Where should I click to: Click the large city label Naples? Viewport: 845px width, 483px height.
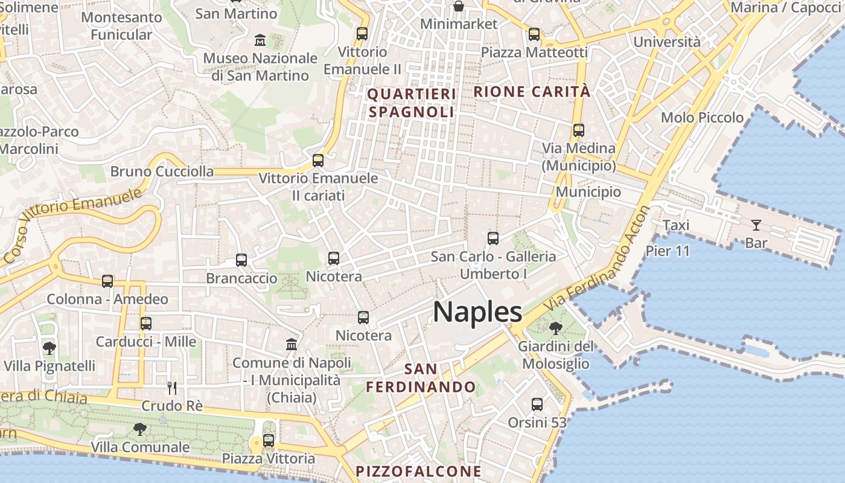point(477,312)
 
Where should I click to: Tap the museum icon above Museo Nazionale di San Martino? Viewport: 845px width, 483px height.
point(260,40)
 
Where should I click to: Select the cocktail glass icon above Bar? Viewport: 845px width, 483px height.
point(756,225)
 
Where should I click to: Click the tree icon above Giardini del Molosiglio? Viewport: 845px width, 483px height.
point(555,328)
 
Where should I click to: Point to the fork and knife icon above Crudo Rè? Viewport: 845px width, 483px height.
point(172,388)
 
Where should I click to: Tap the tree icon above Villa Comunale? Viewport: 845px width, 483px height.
point(140,429)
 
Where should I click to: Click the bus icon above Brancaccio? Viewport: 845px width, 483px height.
point(241,260)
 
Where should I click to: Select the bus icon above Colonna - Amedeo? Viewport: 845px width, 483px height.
point(107,281)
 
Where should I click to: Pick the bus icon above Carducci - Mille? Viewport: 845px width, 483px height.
point(145,323)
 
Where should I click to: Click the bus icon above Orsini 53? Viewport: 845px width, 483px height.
point(537,404)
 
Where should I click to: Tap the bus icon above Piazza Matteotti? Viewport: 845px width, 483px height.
point(534,34)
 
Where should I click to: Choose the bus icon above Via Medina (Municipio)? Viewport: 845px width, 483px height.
point(579,130)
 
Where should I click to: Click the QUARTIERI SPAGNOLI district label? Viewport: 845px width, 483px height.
point(411,103)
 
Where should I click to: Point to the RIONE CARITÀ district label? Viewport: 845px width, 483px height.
point(532,92)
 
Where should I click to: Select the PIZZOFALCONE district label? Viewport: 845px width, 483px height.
point(418,471)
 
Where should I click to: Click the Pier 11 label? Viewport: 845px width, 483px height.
point(668,251)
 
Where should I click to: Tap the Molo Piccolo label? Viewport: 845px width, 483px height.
point(702,118)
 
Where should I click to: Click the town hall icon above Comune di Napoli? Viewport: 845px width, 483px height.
point(292,344)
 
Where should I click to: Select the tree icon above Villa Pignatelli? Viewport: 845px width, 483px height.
point(49,348)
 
